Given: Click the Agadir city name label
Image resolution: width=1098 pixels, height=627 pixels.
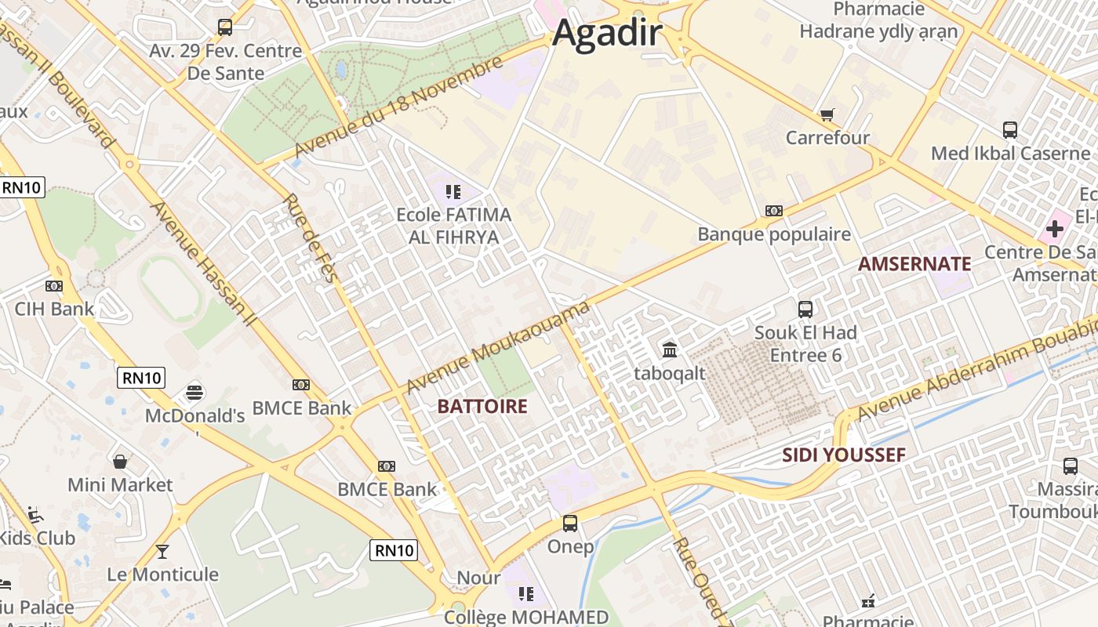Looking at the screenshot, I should (608, 34).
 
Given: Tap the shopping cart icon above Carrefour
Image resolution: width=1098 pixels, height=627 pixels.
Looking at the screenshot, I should (827, 115).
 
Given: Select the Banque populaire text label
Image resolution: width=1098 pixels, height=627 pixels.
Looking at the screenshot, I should (774, 234).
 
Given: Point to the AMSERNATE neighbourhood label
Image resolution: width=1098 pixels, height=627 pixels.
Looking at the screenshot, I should (914, 264).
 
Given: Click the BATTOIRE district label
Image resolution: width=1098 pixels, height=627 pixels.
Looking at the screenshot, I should (482, 406).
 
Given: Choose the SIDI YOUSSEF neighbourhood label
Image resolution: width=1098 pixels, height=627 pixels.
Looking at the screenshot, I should (844, 455).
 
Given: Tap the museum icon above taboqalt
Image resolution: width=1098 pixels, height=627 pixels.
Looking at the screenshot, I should (670, 350).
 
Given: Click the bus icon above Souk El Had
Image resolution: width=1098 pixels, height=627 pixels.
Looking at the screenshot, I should (805, 309).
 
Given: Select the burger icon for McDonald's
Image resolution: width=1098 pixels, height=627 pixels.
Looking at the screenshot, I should (195, 392).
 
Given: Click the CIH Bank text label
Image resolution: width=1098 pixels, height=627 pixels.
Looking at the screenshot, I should (54, 309).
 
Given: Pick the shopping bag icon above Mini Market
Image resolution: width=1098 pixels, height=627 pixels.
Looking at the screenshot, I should (120, 462).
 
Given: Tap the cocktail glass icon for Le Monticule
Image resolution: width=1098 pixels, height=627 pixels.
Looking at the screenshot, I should (162, 552).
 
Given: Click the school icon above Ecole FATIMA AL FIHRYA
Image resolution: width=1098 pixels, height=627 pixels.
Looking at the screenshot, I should (452, 191).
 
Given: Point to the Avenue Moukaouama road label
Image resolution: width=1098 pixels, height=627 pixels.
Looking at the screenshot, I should (498, 348).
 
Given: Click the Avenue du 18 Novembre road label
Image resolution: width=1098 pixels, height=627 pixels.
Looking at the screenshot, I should (398, 107).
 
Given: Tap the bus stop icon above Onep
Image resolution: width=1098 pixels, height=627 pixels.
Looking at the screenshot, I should (570, 523).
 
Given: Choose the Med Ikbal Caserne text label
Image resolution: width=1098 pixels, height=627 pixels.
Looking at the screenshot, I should (1010, 153).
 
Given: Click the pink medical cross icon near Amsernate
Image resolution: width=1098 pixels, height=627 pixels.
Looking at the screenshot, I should (1055, 229).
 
